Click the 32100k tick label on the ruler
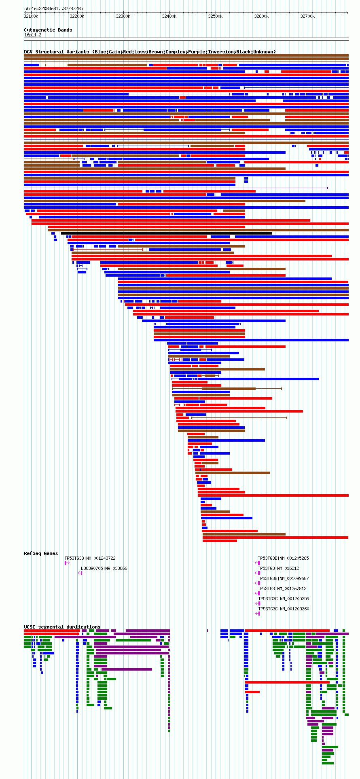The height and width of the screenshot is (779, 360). point(31,17)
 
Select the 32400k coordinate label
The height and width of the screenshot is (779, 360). point(169,17)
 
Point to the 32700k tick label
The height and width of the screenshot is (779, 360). point(307,17)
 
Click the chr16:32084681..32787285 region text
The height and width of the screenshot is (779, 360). point(53,8)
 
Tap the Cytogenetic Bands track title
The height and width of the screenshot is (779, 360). point(48,30)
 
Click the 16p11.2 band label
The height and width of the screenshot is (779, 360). point(33,35)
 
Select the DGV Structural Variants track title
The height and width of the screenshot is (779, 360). point(150,52)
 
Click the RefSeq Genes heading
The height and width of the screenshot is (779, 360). point(41,553)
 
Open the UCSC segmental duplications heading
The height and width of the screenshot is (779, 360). point(62,627)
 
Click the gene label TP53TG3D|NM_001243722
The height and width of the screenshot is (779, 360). point(90,558)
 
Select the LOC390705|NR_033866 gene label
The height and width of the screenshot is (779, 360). point(104,568)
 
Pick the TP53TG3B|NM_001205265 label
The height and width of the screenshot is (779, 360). point(283,558)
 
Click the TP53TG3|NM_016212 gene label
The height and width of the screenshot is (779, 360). point(278,568)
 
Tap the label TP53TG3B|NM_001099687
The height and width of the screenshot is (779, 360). point(283,578)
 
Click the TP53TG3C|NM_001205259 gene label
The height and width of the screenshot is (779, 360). point(283,599)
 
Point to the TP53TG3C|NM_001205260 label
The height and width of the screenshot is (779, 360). point(283,609)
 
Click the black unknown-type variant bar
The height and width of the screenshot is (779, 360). point(166,233)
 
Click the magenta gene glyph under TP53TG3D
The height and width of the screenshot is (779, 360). point(67,563)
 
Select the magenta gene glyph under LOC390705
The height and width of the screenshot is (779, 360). point(80,573)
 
